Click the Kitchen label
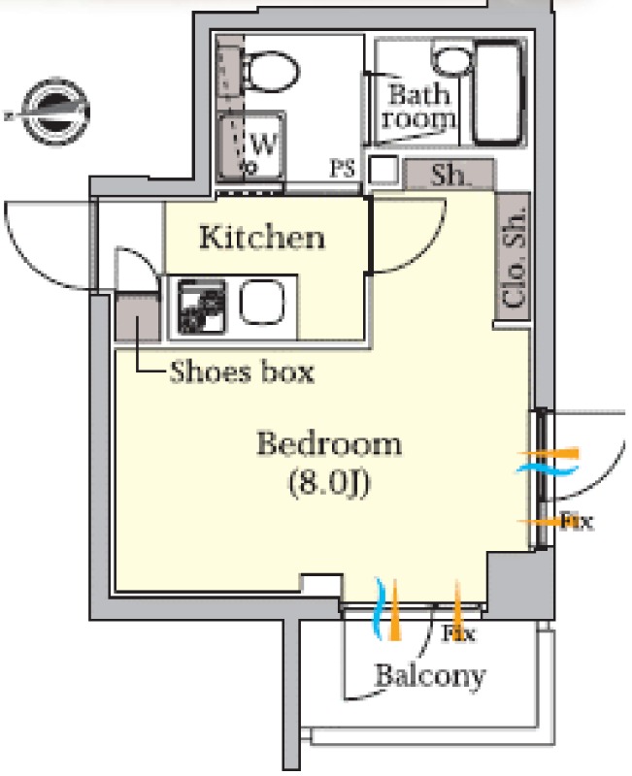click(262, 238)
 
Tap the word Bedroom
click(329, 443)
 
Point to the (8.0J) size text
click(329, 482)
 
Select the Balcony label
click(430, 676)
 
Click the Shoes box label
click(242, 372)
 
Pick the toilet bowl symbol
click(271, 71)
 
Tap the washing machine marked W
click(252, 146)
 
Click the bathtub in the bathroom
click(498, 93)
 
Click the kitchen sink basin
click(262, 303)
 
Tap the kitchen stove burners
click(201, 307)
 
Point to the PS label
click(343, 169)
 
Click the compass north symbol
click(54, 112)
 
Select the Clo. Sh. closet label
click(514, 256)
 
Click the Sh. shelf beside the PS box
click(449, 175)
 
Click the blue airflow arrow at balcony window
click(379, 609)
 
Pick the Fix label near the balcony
click(458, 633)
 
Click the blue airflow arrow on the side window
click(548, 469)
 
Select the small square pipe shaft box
click(383, 170)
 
